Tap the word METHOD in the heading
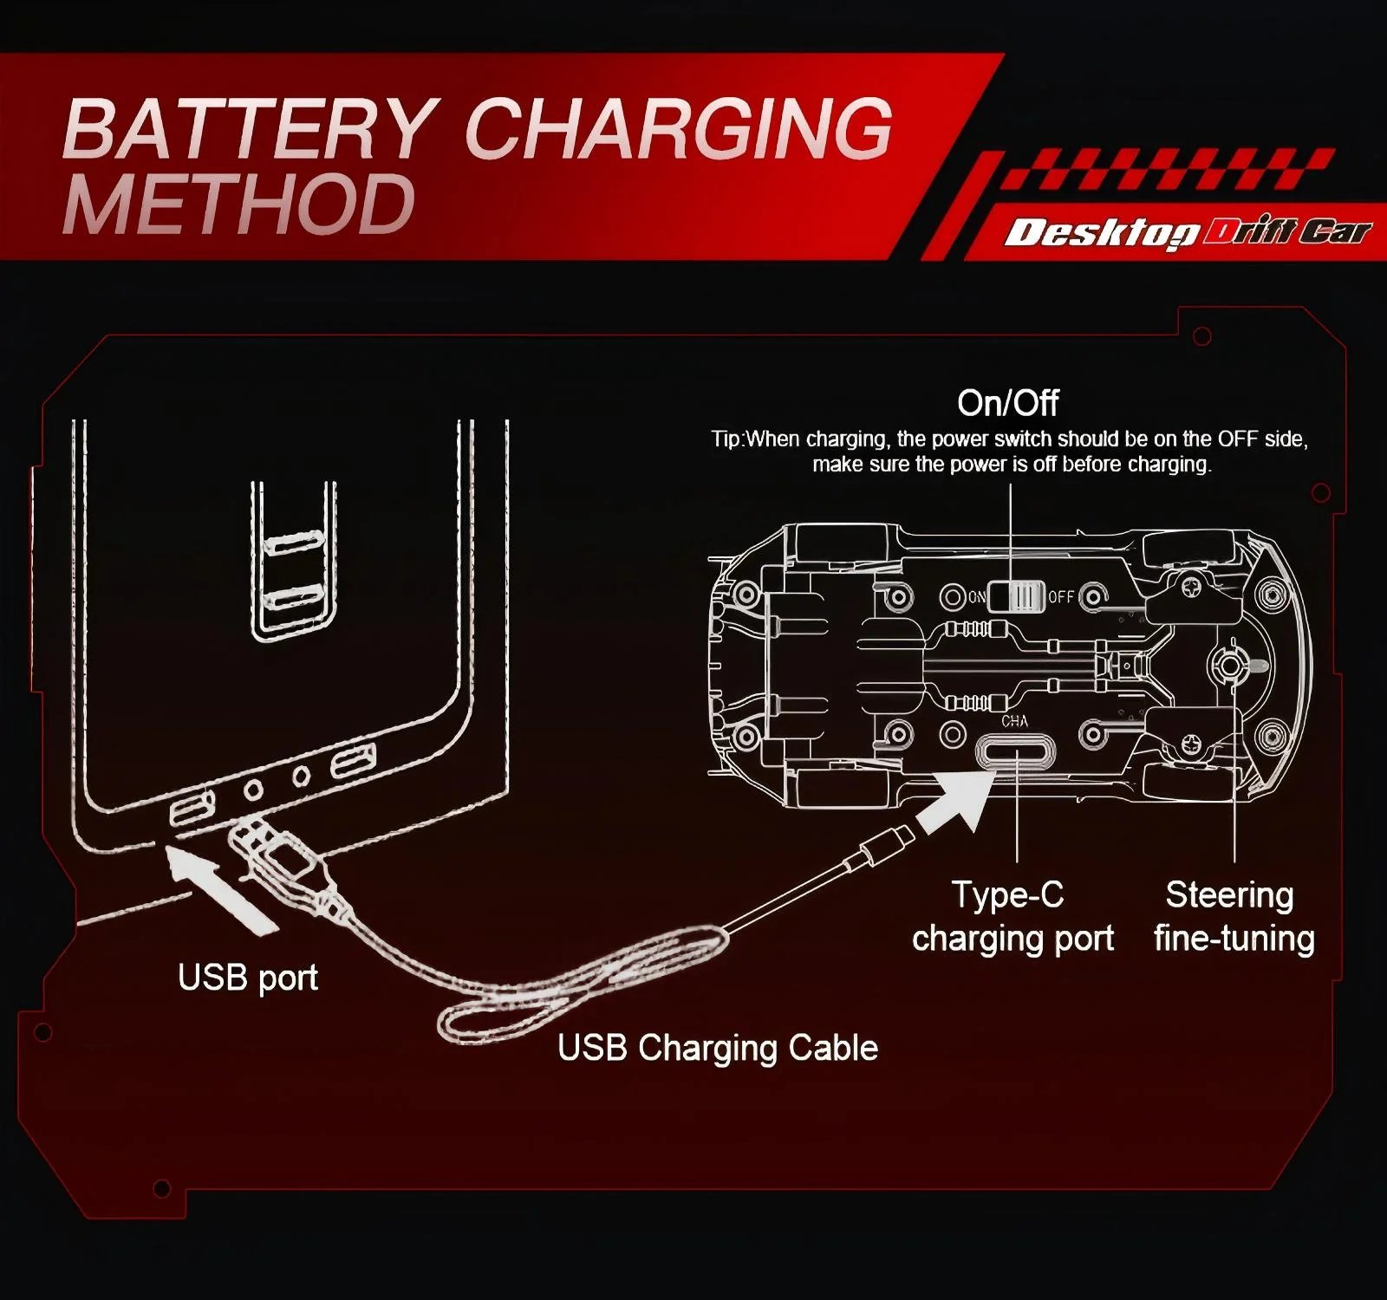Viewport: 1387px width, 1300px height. pos(238,205)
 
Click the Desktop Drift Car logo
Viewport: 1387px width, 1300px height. pos(1188,232)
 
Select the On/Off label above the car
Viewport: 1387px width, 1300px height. pos(1008,403)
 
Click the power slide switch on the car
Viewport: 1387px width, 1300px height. pos(1015,596)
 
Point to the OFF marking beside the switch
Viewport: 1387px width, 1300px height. pos(1061,596)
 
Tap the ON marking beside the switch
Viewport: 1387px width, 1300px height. pos(976,596)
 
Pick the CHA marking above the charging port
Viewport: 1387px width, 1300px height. pos(1014,721)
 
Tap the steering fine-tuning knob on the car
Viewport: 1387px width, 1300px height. pos(1228,664)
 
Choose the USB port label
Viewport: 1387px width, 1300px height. pos(247,978)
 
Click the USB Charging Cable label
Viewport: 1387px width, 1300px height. pos(717,1048)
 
